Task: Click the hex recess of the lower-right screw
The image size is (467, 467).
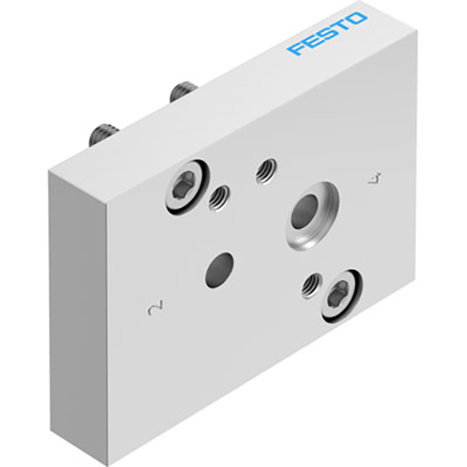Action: (337, 294)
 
